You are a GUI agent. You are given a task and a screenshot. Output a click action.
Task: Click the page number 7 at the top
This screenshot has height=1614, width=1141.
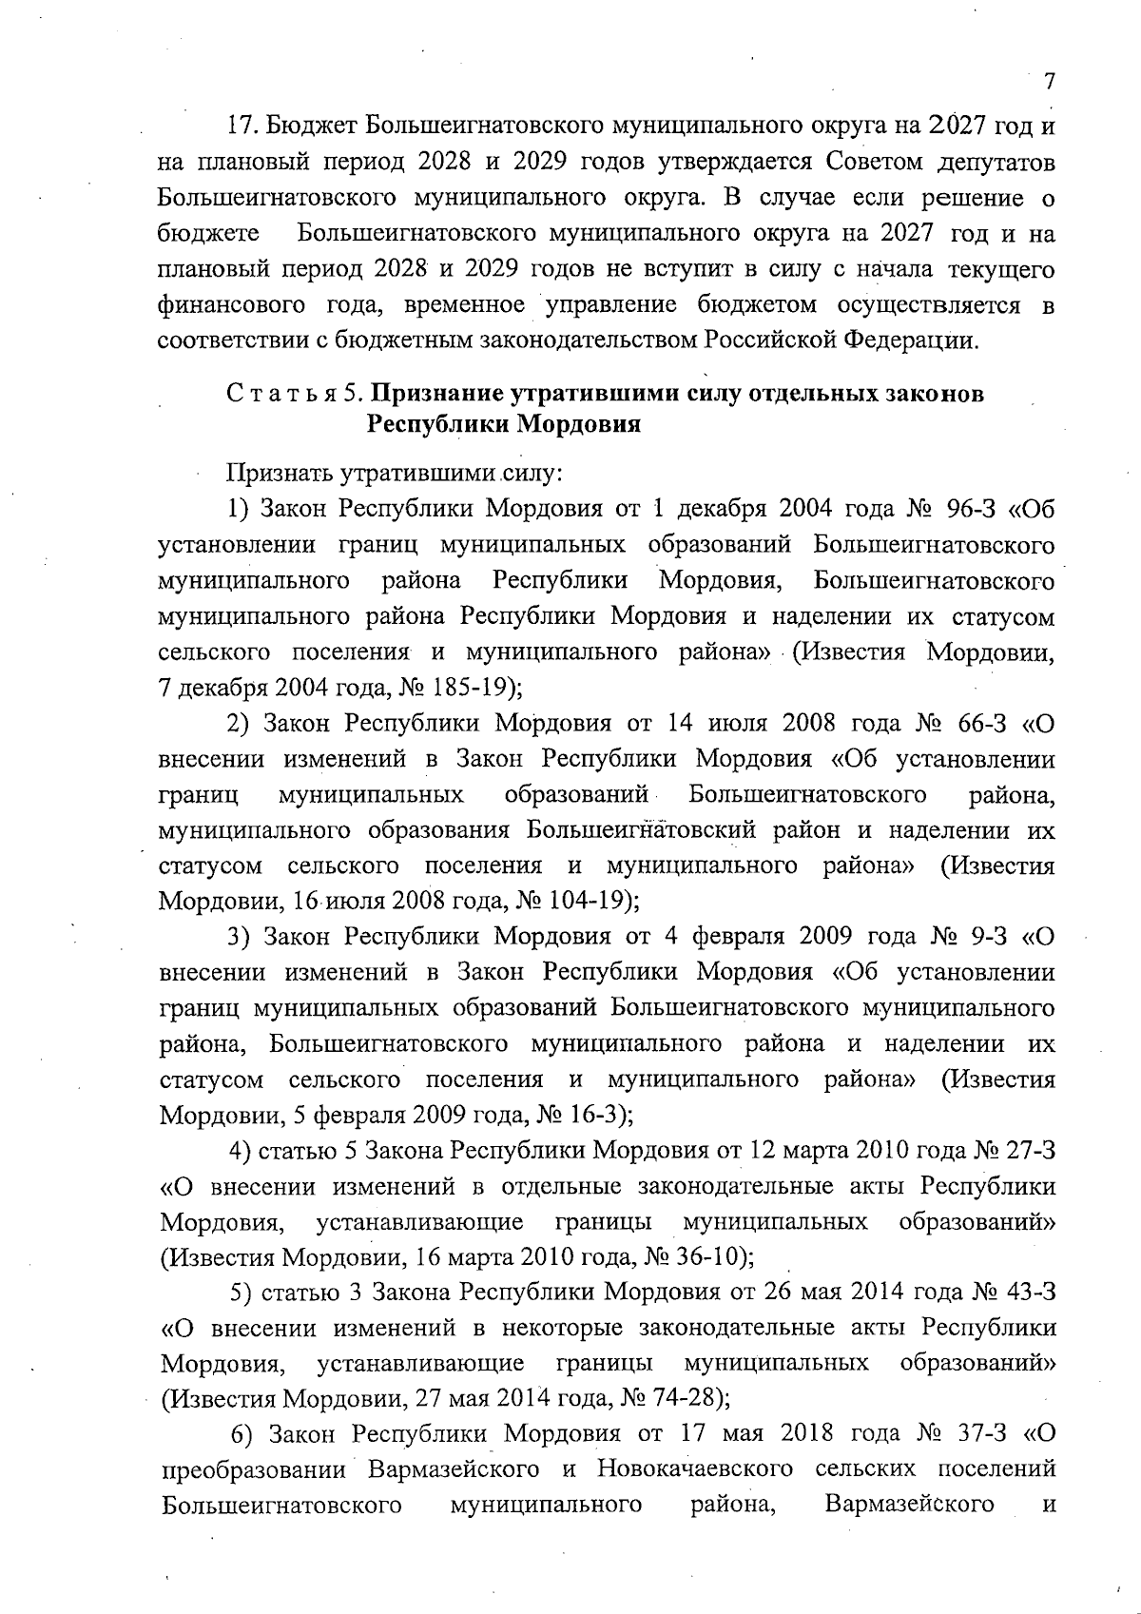(x=1049, y=82)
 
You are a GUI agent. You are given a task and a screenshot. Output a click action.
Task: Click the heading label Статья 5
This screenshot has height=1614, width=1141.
(x=291, y=394)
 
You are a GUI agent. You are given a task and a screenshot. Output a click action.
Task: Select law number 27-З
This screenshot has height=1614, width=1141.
(x=1027, y=1151)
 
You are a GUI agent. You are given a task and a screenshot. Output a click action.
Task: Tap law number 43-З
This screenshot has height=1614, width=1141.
(x=1027, y=1293)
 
